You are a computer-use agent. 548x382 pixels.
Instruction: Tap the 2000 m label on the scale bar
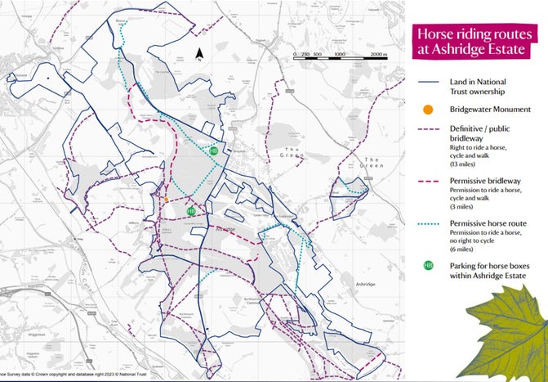tap(378, 54)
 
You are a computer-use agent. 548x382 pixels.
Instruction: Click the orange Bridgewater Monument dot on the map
tap(167, 199)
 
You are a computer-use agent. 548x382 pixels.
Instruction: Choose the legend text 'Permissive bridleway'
tap(482, 182)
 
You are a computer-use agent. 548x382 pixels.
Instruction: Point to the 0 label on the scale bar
tap(295, 54)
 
